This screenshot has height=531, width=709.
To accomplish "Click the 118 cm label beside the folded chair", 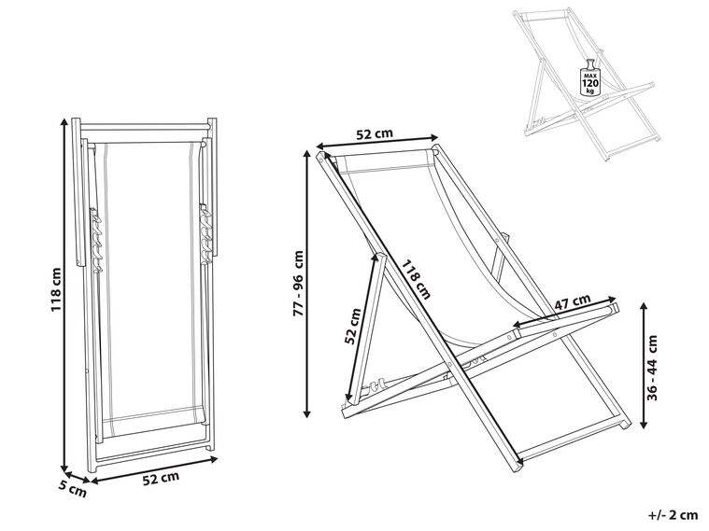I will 55,289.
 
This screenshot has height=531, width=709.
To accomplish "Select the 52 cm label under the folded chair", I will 161,479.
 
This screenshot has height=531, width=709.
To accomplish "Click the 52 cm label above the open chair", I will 375,133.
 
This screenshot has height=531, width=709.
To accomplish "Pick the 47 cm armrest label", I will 571,301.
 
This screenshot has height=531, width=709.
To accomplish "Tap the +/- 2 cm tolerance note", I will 673,514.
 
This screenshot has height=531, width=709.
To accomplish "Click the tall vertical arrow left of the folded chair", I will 65,295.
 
